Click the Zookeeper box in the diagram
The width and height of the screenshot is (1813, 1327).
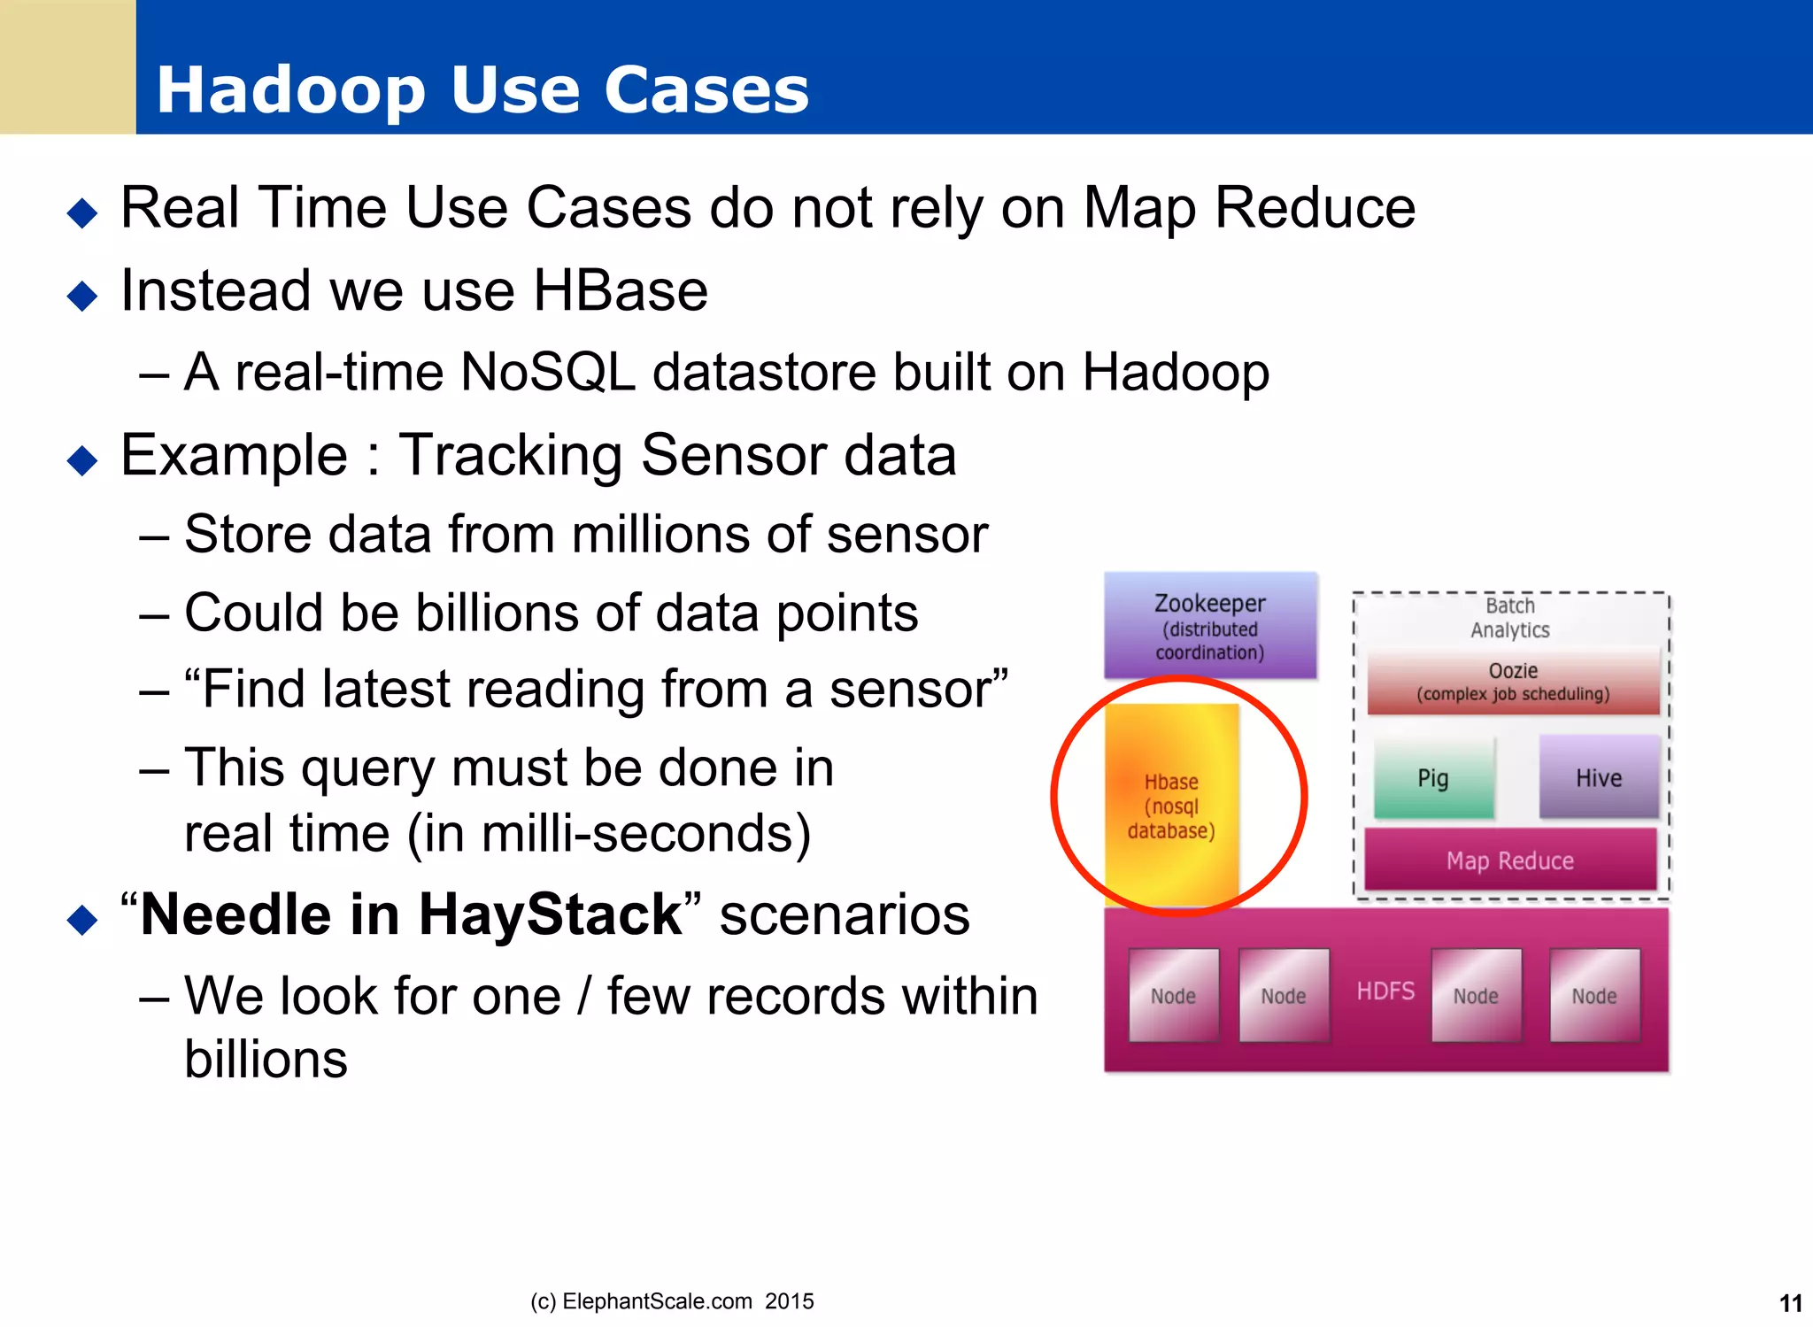click(x=1209, y=627)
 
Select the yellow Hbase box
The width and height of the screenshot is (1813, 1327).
click(x=1171, y=804)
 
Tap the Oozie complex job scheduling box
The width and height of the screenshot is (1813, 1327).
click(x=1512, y=682)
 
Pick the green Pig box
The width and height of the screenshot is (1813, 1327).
click(x=1432, y=777)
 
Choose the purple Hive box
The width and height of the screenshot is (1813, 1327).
click(x=1598, y=777)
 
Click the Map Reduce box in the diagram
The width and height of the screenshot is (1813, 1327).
click(x=1509, y=860)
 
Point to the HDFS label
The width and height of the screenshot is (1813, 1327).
click(x=1385, y=991)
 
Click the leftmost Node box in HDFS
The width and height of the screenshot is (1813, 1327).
click(x=1173, y=995)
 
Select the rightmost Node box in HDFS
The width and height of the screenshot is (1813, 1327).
click(x=1593, y=995)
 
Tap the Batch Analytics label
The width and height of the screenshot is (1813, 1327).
click(x=1509, y=618)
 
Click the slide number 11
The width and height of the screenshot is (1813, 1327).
click(x=1790, y=1303)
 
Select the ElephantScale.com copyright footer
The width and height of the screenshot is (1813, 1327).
click(x=672, y=1301)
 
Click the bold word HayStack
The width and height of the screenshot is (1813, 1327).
click(x=550, y=914)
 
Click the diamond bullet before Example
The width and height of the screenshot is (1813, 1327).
click(x=82, y=460)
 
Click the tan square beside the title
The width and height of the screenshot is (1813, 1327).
click(x=67, y=66)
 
